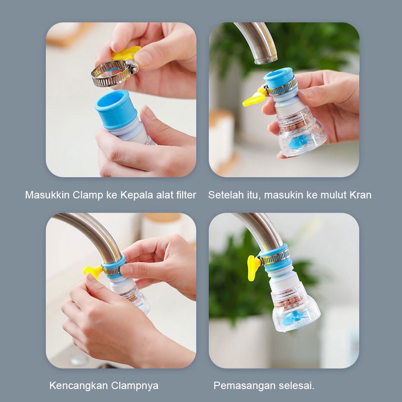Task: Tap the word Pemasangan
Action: pyautogui.click(x=239, y=385)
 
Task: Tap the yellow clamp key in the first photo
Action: pyautogui.click(x=125, y=53)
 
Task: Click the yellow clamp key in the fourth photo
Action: pyautogui.click(x=253, y=267)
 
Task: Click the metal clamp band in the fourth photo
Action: pyautogui.click(x=274, y=258)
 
